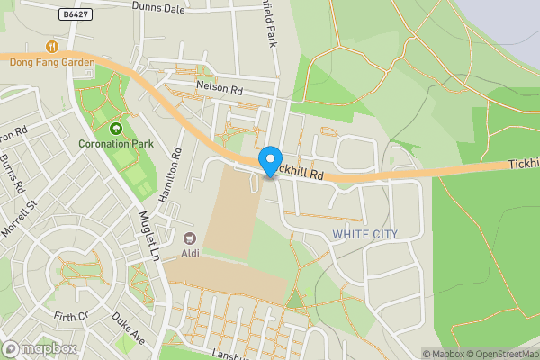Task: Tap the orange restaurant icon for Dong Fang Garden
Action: [51, 46]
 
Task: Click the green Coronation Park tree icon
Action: [115, 129]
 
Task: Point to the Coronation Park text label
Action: [115, 144]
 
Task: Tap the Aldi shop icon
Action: [190, 238]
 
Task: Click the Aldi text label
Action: [190, 253]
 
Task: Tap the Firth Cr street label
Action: [71, 316]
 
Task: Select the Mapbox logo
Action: [39, 348]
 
